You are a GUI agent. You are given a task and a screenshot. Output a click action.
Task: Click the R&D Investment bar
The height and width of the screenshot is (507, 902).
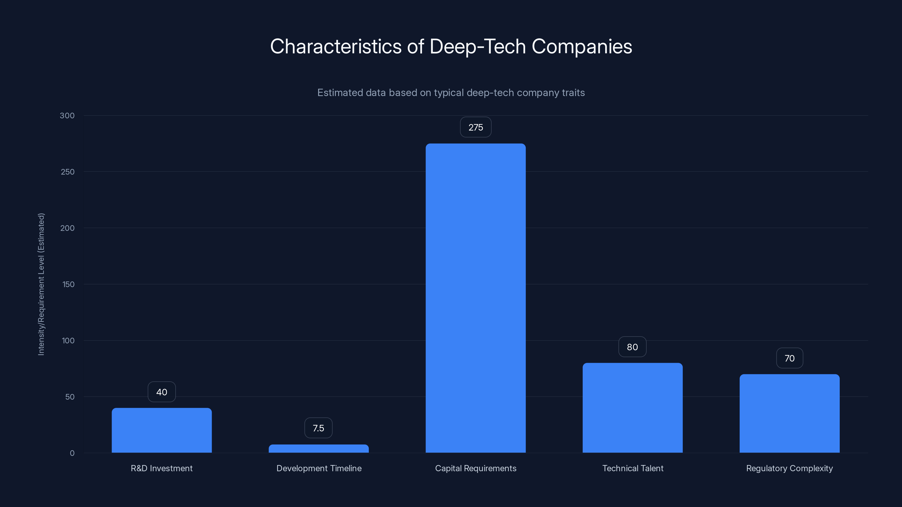point(162,430)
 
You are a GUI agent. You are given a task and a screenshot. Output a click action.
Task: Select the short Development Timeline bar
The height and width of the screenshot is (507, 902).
point(319,449)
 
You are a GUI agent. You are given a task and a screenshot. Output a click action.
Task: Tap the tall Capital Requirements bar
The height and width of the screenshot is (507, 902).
point(476,298)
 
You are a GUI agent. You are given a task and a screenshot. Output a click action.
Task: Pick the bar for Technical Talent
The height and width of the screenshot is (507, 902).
point(632,408)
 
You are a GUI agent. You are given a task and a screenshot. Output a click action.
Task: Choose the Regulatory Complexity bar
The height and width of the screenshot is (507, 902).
point(789,413)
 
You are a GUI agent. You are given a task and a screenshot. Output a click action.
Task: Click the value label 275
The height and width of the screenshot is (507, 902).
point(476,127)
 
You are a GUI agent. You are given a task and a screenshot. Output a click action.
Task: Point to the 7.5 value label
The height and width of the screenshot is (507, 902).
point(318,428)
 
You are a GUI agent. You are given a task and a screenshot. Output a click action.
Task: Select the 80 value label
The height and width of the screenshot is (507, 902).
point(632,347)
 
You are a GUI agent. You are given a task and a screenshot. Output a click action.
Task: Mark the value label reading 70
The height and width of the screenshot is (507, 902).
point(789,358)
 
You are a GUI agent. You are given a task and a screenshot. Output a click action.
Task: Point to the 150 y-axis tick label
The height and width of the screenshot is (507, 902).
point(68,284)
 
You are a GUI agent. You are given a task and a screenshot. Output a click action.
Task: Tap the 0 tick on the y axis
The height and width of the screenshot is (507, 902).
point(72,453)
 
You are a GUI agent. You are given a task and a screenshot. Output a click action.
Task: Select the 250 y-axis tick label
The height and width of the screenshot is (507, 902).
point(68,172)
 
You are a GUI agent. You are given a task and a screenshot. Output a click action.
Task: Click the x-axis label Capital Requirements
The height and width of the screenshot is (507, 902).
point(476,468)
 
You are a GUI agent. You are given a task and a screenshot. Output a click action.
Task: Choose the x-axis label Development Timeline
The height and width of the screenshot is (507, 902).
point(319,468)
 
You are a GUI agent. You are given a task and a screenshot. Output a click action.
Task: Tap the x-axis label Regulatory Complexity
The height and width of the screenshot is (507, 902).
point(789,468)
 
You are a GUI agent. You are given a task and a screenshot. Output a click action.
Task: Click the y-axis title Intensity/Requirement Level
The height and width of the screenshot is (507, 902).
point(41,284)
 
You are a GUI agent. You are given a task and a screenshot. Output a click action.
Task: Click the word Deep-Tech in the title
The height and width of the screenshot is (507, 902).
point(477,46)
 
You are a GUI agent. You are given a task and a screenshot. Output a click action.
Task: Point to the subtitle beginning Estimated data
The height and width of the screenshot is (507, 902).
point(451,93)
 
